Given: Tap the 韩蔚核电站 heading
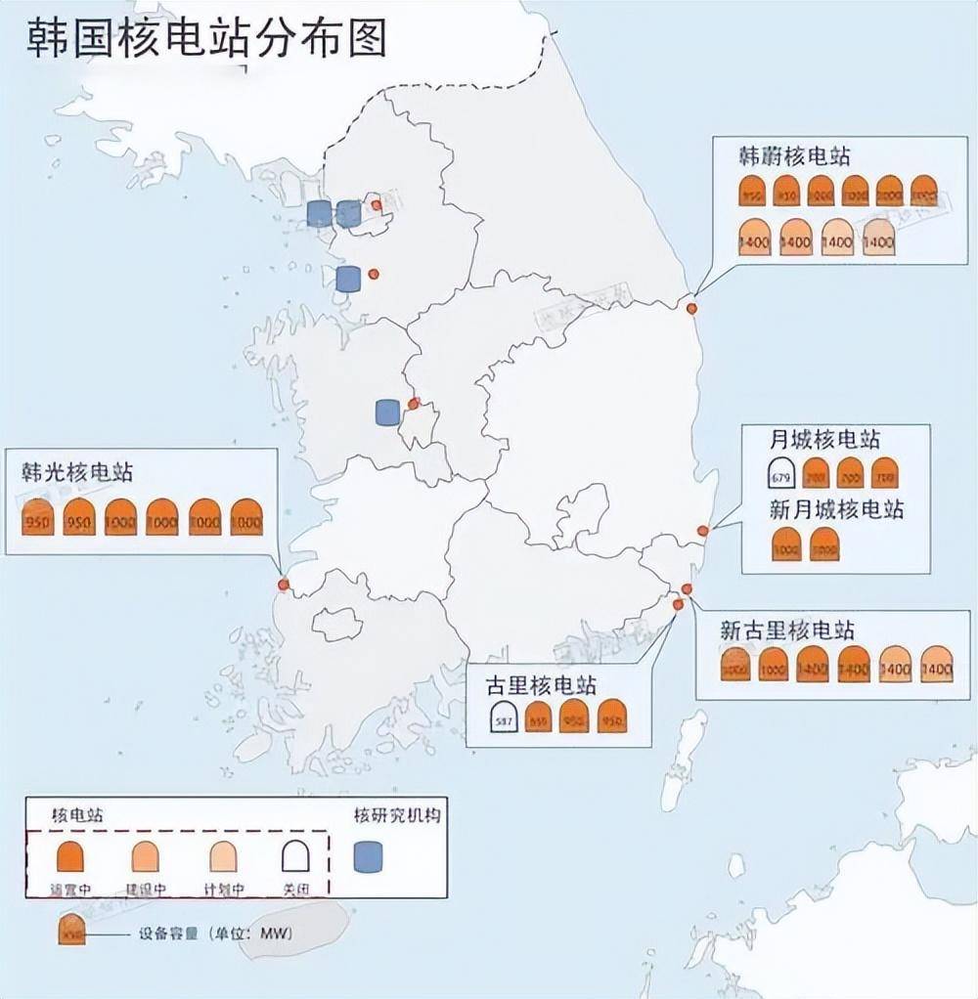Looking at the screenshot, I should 794,156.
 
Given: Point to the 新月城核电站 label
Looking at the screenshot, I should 837,509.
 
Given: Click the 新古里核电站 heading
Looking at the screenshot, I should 787,630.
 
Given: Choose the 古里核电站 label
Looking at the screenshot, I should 541,684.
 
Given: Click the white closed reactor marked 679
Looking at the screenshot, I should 780,475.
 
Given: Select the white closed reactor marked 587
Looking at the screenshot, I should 505,718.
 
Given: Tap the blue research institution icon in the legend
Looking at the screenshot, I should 369,857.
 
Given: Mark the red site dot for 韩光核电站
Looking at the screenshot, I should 284,585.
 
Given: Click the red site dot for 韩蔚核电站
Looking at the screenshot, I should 691,309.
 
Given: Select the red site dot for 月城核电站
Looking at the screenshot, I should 702,531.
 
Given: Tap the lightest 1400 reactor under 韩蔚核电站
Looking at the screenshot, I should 879,238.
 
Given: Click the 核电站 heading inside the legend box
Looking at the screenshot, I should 79,813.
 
